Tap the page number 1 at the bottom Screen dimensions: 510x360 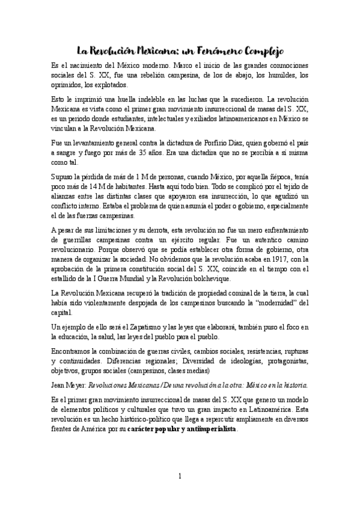180,476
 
